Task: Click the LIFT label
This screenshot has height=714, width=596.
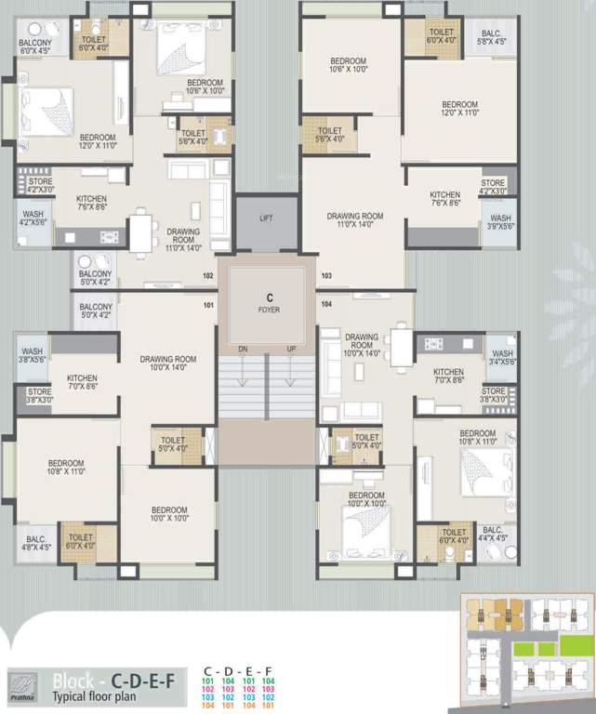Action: (x=266, y=218)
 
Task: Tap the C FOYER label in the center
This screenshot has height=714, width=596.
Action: (x=268, y=304)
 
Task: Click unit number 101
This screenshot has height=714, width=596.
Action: (x=208, y=304)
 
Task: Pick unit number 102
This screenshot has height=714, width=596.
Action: (x=208, y=276)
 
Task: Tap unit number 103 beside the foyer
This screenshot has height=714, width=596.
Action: (x=326, y=276)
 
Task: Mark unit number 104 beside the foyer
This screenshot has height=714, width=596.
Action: (x=326, y=304)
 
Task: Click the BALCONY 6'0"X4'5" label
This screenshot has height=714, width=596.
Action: (x=36, y=46)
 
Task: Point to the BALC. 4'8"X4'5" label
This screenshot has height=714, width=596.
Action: (x=36, y=542)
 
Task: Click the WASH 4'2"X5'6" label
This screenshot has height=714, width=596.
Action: (x=32, y=218)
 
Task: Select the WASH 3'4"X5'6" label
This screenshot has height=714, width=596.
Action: (x=502, y=358)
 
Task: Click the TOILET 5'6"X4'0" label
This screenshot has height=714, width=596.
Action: (x=330, y=135)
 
